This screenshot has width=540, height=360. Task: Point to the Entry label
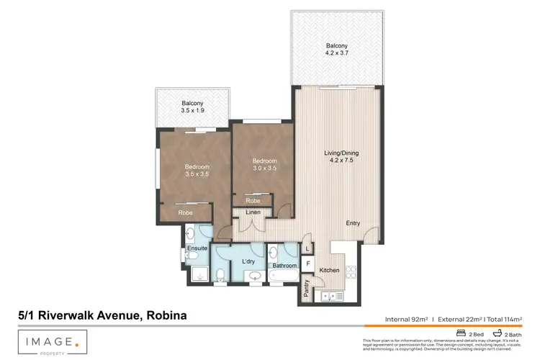(353, 223)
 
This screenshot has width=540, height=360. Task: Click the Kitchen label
(330, 270)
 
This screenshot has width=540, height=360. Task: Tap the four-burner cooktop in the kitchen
(352, 273)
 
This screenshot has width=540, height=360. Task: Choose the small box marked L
(307, 248)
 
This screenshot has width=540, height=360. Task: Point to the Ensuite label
(197, 248)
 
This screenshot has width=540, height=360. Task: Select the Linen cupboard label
(253, 212)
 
